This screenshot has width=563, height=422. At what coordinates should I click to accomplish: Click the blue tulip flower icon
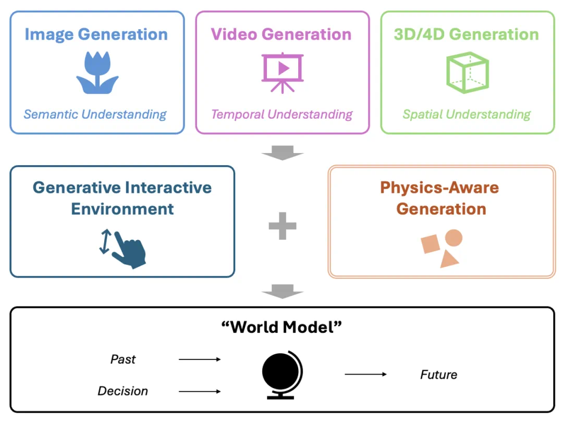(x=97, y=72)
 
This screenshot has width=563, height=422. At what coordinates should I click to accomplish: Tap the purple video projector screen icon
(x=282, y=71)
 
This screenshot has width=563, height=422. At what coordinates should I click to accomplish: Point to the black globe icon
(x=282, y=374)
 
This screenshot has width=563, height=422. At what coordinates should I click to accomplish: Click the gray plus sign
(x=282, y=226)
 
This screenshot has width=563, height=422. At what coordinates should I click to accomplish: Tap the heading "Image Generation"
(x=96, y=34)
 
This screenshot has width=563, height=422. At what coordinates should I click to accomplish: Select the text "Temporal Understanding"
(x=282, y=114)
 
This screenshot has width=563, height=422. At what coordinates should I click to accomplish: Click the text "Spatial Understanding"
(x=467, y=114)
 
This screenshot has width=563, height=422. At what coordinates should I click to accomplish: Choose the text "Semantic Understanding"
(x=95, y=114)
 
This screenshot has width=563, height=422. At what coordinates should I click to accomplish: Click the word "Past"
(x=123, y=359)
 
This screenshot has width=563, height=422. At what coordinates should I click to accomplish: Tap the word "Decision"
(x=123, y=391)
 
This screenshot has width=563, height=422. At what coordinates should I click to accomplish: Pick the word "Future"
(x=438, y=375)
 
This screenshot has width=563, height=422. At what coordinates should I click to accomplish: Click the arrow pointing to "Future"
(x=365, y=374)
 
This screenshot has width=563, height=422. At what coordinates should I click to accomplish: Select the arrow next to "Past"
(x=200, y=359)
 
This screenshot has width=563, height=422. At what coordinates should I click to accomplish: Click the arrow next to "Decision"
(x=200, y=391)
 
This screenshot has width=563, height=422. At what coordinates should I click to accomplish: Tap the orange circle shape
(x=454, y=238)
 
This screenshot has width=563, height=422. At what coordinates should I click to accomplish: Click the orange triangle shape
(x=449, y=259)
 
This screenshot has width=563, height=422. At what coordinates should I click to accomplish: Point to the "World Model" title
(x=281, y=327)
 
